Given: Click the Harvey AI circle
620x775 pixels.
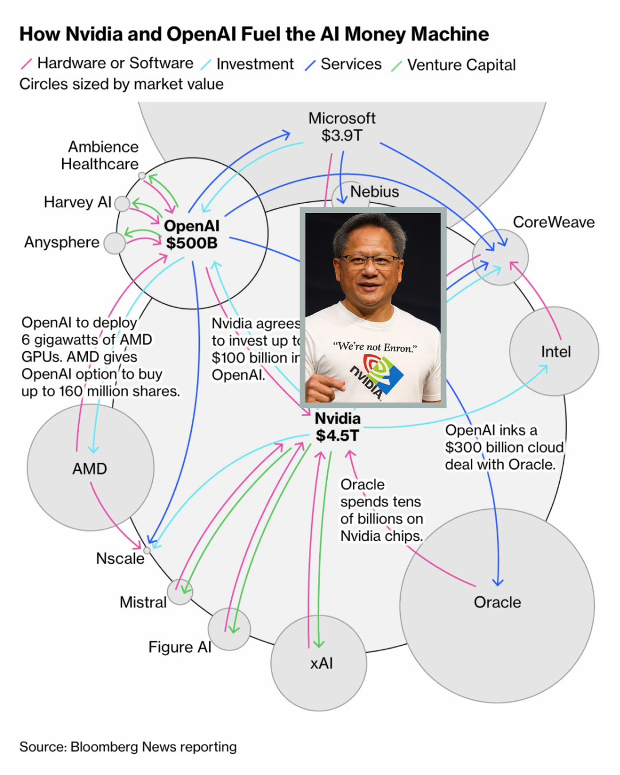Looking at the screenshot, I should (x=122, y=203).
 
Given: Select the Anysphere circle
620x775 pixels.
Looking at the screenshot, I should (x=115, y=243).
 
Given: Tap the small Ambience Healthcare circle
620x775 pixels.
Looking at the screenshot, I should (x=142, y=176).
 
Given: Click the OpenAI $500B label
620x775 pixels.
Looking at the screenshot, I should (x=192, y=234).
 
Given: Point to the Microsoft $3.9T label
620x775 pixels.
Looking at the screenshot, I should (x=342, y=127).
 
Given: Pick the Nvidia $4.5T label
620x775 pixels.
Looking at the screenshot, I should (x=338, y=427).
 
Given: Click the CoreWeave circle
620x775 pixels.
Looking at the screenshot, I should (x=500, y=257).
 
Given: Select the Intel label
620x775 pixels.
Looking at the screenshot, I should (x=556, y=351).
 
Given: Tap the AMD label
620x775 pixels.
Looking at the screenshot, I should (x=90, y=468).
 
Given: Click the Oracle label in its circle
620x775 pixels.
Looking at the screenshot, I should (x=497, y=602).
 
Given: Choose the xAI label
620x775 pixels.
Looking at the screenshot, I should (x=321, y=663).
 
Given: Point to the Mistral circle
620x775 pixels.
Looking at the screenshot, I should (x=180, y=592).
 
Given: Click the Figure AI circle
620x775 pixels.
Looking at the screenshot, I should (x=229, y=629).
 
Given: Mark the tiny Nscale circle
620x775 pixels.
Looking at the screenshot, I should (x=147, y=551).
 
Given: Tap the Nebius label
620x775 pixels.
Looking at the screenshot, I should (x=374, y=191).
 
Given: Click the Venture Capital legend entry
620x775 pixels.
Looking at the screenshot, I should (x=461, y=65).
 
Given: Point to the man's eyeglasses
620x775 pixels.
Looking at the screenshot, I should (x=369, y=261).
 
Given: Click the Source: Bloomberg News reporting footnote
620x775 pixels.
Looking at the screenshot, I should (x=128, y=746).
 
